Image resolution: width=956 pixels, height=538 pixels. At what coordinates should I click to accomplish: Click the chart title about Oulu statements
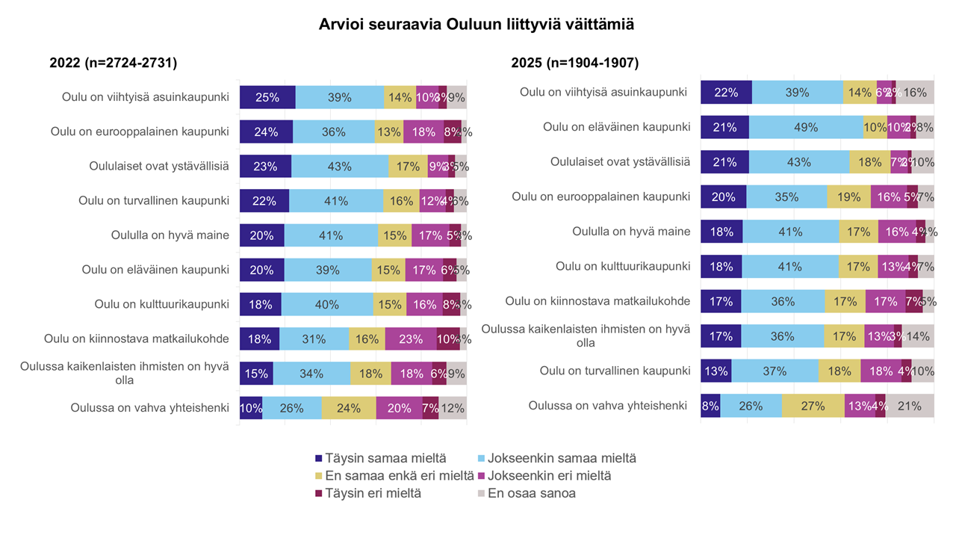477,25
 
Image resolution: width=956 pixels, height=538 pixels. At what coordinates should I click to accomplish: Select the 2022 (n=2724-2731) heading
113,64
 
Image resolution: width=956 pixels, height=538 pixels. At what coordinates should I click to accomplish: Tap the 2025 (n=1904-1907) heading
574,64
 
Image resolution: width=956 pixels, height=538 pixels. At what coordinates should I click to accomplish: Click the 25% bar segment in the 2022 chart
267,97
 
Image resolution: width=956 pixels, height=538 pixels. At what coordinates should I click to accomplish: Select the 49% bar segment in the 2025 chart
806,127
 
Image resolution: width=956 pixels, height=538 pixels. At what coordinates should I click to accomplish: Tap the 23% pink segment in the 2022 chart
411,338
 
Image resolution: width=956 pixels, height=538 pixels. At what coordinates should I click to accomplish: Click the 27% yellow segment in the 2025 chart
813,406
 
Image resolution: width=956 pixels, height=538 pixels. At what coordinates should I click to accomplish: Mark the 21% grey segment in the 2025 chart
910,406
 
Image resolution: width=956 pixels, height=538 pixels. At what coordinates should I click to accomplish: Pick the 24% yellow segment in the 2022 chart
349,408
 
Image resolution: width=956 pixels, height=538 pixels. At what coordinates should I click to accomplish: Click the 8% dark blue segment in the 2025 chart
710,406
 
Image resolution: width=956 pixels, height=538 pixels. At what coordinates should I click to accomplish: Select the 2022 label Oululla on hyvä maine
170,235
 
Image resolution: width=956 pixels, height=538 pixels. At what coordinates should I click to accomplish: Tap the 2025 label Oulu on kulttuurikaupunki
623,266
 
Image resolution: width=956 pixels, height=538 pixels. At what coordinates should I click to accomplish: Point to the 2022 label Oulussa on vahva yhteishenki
149,408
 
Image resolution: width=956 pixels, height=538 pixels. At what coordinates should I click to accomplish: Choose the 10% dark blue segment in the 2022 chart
251,408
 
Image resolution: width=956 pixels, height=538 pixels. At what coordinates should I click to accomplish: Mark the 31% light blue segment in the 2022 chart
314,338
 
